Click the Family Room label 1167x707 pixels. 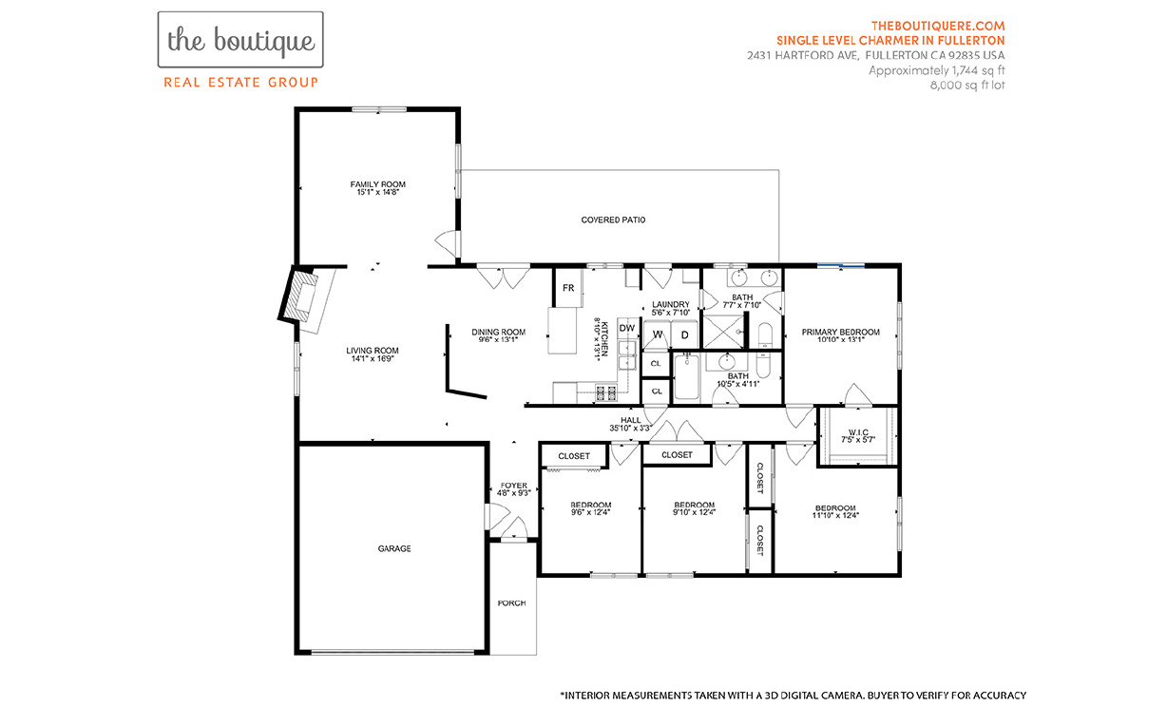[377, 184]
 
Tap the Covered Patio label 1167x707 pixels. [613, 220]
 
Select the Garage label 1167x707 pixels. [394, 548]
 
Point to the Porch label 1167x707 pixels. [511, 603]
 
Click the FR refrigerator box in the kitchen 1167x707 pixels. [568, 288]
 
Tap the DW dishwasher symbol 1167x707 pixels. [627, 328]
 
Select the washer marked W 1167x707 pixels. [657, 334]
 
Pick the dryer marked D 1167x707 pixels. [684, 334]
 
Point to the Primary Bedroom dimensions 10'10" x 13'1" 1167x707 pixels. [841, 339]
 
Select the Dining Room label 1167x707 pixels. [499, 332]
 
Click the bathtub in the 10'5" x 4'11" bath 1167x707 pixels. [687, 377]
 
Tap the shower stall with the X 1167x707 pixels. [723, 332]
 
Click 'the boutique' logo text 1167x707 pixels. [240, 41]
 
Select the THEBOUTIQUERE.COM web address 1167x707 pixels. [938, 26]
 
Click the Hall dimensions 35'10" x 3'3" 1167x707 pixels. [630, 429]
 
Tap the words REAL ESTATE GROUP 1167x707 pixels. [240, 83]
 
